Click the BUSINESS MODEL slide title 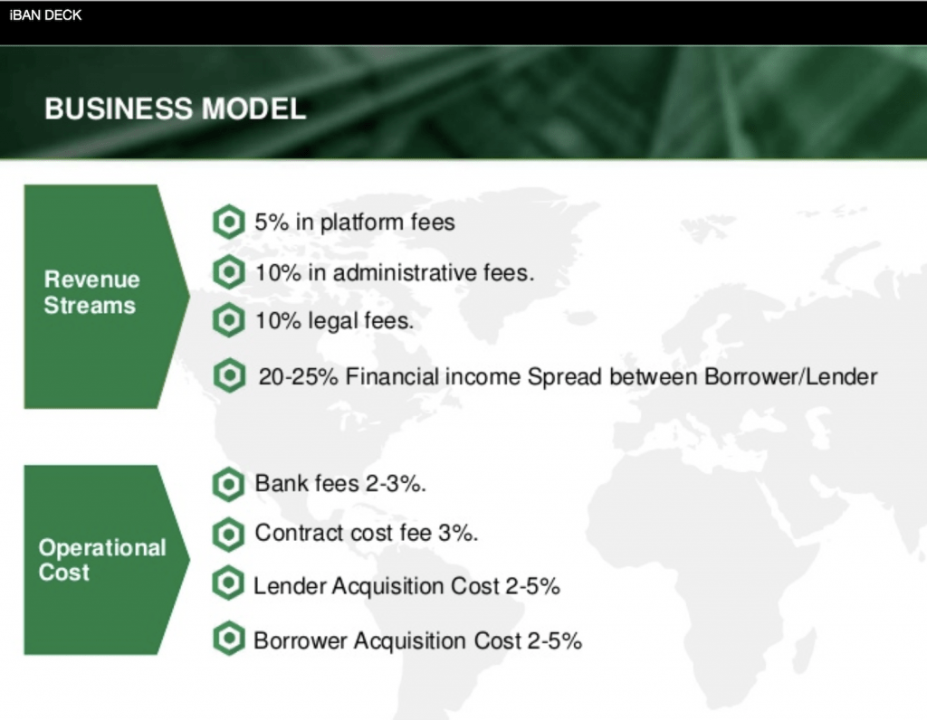[176, 109]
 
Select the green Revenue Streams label [91, 292]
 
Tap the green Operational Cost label [101, 560]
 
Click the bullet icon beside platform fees [228, 222]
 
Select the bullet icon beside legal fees [228, 320]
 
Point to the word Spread [568, 376]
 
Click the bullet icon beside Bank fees [228, 484]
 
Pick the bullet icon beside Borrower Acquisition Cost [228, 640]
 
